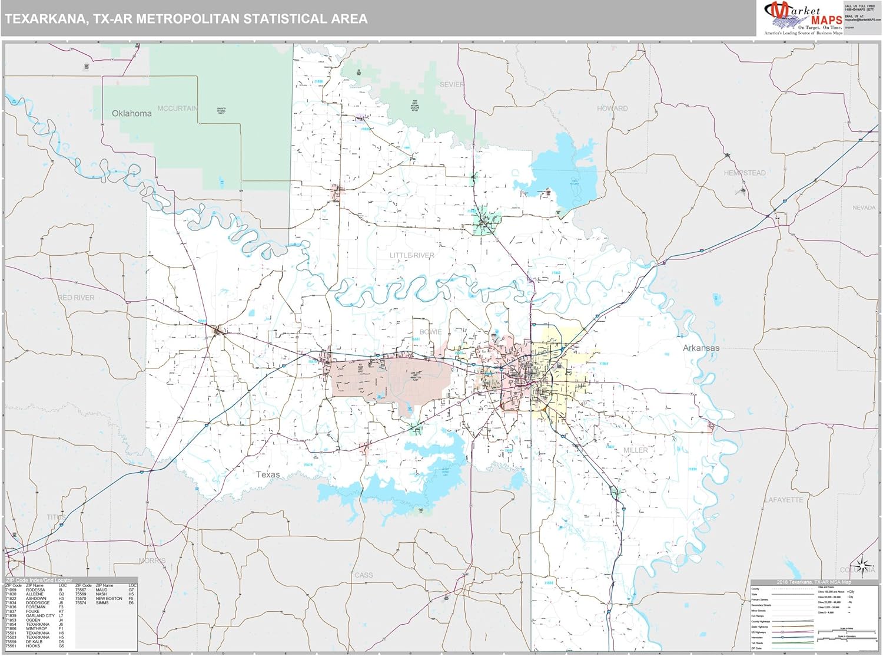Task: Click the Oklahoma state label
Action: (131, 113)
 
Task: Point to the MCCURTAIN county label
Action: (177, 108)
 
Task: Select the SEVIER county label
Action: (452, 84)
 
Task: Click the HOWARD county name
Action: (612, 108)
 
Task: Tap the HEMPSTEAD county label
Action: (745, 173)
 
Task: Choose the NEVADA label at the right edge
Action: (864, 207)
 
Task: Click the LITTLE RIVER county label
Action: (411, 255)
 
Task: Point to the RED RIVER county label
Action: (77, 298)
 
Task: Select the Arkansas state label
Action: (701, 348)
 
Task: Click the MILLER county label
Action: (635, 450)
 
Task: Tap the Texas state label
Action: (268, 474)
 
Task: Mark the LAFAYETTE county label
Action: (784, 500)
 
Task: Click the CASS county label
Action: (363, 575)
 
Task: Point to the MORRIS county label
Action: (152, 561)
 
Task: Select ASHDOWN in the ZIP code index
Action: (36, 598)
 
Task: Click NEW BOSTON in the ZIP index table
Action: (109, 598)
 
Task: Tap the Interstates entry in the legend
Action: (758, 637)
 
